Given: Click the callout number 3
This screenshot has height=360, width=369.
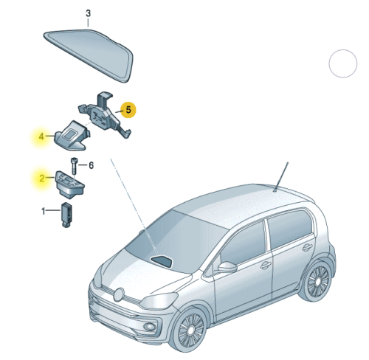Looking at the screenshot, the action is (89, 13).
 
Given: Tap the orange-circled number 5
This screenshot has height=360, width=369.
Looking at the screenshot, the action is (128, 110).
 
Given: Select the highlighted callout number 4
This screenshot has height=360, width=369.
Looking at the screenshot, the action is (41, 136).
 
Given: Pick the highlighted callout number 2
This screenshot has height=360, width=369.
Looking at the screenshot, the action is (42, 178).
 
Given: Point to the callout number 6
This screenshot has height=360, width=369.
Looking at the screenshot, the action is (91, 165).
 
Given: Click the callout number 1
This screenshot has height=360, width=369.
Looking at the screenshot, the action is (44, 211).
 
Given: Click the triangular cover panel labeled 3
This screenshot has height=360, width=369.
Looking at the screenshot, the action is (89, 55).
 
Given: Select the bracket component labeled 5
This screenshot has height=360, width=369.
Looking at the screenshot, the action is (105, 115).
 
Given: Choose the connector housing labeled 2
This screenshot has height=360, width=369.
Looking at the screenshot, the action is (70, 184).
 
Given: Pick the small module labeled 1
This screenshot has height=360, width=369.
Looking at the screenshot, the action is (66, 215).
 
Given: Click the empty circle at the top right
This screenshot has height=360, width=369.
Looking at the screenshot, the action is (343, 63).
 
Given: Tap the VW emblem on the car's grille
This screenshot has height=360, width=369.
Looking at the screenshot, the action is (120, 294).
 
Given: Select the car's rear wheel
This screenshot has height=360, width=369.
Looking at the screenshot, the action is (317, 281).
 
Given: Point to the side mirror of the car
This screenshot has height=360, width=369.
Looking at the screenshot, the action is (227, 267).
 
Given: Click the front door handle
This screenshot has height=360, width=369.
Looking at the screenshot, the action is (266, 266).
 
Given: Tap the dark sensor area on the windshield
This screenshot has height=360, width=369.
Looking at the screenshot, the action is (162, 261).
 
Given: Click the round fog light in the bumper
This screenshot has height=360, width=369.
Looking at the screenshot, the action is (150, 327).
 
